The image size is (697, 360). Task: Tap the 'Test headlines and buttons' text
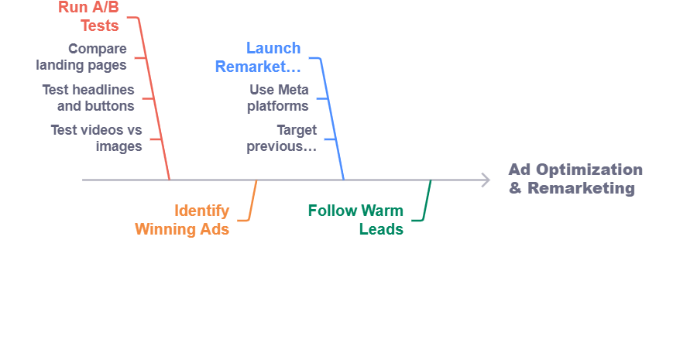(x=88, y=98)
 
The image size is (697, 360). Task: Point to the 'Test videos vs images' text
(x=97, y=138)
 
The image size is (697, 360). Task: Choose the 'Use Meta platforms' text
(x=279, y=98)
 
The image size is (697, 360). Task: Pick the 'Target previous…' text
(x=283, y=138)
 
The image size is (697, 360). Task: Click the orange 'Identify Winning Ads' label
(x=183, y=219)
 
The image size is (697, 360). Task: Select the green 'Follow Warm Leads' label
(x=355, y=219)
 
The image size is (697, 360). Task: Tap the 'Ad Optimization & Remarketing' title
(x=575, y=179)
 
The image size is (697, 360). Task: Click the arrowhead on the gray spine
(x=486, y=180)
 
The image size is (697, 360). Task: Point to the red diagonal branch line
(x=155, y=101)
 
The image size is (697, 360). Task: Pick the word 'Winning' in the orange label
(x=163, y=228)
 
